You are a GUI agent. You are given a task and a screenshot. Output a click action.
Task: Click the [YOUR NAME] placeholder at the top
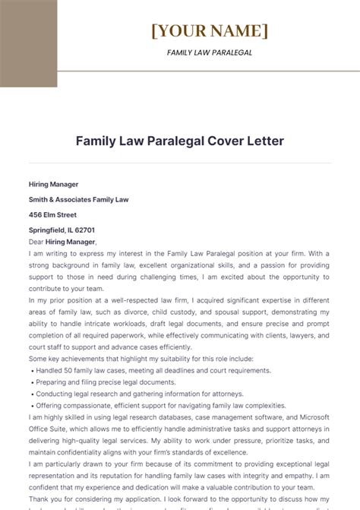[209, 31]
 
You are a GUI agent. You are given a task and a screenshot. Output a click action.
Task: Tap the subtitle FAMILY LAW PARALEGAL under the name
[209, 53]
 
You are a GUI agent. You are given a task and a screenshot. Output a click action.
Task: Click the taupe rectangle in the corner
[28, 43]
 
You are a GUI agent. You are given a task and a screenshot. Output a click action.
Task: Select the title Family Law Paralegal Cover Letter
[179, 141]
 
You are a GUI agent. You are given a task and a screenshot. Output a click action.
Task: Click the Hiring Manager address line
[53, 184]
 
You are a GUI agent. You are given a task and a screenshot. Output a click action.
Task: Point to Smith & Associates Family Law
[79, 199]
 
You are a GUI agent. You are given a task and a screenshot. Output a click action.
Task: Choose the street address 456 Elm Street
[52, 214]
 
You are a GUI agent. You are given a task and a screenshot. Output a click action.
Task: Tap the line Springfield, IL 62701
[62, 230]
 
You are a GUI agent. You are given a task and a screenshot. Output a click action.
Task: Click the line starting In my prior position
[179, 299]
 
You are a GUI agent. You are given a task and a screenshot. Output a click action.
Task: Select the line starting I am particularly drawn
[179, 464]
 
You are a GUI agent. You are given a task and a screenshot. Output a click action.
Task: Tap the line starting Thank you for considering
[179, 499]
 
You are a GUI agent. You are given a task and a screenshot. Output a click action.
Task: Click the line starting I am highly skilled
[179, 417]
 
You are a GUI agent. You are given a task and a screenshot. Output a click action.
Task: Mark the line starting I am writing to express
[179, 252]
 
